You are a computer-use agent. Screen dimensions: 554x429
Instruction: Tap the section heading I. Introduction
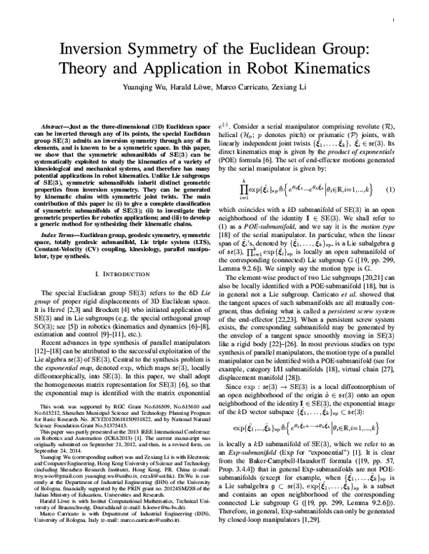pyautogui.click(x=119, y=274)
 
